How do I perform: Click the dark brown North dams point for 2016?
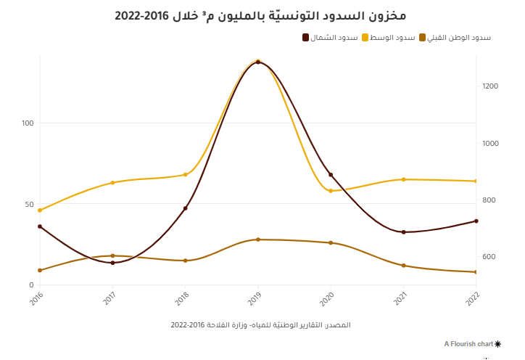(40, 226)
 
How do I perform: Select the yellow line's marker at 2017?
(112, 183)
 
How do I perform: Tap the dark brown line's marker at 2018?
(186, 208)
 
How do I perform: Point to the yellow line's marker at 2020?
(331, 191)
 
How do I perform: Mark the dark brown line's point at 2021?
(403, 232)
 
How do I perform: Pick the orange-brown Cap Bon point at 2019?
(258, 240)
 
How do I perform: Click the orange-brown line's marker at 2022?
(476, 272)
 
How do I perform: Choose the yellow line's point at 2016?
(40, 210)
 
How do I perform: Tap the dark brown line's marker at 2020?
(331, 175)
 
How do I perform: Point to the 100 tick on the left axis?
(28, 123)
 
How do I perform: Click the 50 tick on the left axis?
(30, 205)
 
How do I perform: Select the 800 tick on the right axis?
(490, 200)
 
